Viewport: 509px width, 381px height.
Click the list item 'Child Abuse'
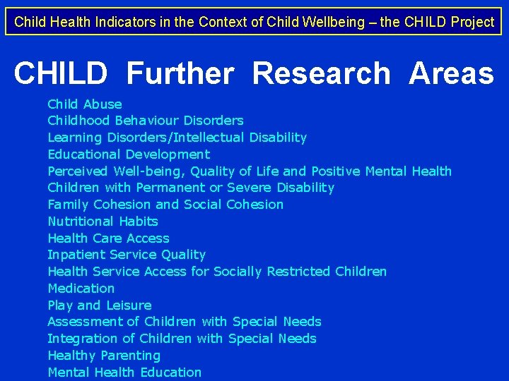84,104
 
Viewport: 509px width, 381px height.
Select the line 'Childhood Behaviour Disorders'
145,121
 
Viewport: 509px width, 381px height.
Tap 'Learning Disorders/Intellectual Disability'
177,138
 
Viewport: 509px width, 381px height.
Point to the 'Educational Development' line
129,155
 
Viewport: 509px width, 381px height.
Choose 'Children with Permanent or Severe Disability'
191,188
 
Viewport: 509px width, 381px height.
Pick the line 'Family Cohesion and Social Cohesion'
165,205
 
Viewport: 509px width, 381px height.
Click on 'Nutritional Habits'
103,222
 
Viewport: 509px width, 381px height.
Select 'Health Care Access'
108,238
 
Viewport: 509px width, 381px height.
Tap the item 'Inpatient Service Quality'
127,255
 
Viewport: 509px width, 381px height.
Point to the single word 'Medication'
81,289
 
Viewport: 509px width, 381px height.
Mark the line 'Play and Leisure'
99,306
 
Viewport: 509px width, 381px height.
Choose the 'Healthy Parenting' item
104,356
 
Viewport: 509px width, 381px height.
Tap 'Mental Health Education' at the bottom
124,373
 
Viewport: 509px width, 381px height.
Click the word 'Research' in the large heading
321,73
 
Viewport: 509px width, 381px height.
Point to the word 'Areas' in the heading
451,73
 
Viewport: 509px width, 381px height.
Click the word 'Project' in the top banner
471,22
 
